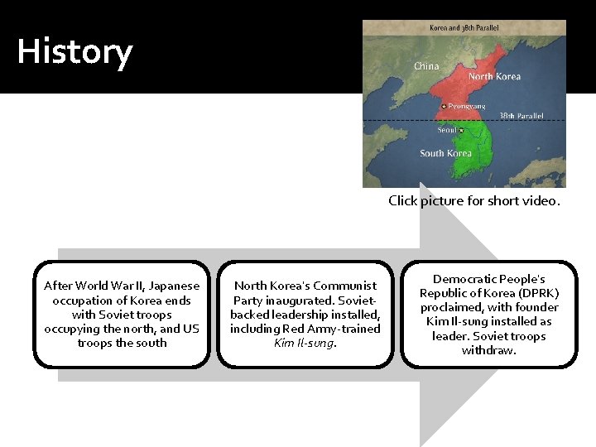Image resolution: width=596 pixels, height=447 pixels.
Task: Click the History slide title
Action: coord(74,51)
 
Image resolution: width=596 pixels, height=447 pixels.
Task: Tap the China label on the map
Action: coord(426,65)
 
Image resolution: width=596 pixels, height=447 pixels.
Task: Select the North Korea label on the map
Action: coord(494,76)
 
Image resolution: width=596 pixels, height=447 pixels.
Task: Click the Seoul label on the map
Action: coord(447,129)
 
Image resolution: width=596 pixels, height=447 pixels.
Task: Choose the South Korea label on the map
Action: coord(445,153)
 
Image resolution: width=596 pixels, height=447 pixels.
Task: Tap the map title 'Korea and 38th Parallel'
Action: coord(464,28)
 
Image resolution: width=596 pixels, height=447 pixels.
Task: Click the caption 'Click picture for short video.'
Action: coord(474,200)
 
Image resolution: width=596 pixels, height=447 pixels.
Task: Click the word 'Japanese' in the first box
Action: coord(175,286)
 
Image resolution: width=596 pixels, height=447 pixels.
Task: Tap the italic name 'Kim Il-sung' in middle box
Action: coord(305,343)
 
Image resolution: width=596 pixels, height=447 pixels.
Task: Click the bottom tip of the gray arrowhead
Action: coord(421,443)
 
